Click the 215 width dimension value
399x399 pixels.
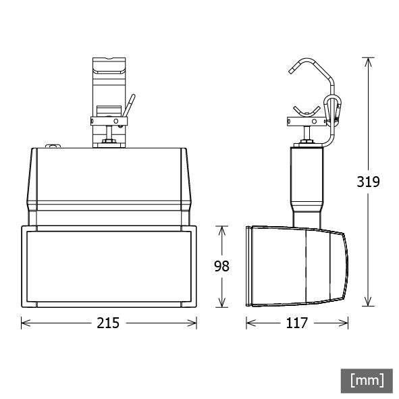(x=107, y=323)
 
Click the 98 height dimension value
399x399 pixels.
(x=221, y=266)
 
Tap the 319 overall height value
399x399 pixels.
(x=369, y=181)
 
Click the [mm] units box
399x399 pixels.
(x=367, y=380)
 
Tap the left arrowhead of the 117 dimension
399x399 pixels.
(x=249, y=323)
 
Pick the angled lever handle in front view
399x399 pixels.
(x=128, y=105)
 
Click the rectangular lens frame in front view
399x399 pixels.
(x=108, y=267)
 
